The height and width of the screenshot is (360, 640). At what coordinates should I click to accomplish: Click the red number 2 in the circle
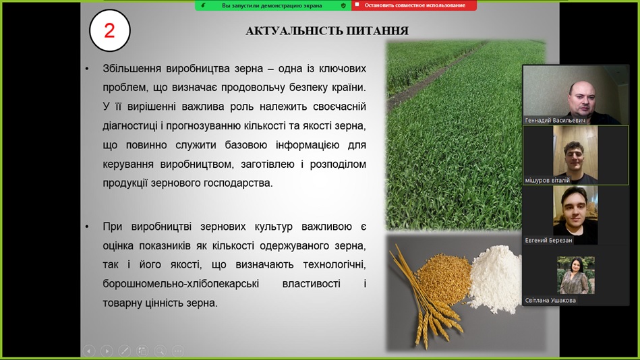coord(109,30)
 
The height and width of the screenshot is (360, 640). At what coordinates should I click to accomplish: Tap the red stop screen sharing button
coord(414,5)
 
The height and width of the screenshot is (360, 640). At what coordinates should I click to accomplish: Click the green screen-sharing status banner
coord(273,5)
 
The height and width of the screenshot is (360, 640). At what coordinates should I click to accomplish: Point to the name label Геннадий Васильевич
coord(555,121)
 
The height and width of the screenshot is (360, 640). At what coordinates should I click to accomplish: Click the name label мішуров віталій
coord(547,180)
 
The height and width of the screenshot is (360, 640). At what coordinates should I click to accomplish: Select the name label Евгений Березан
coord(548,241)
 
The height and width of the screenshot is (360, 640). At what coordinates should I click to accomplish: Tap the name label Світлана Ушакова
coord(550,301)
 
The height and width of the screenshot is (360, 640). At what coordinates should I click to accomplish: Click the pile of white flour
coord(495,279)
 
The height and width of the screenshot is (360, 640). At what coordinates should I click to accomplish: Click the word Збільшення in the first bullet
coord(132,68)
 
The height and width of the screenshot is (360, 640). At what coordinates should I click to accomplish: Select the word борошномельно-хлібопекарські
coord(181,284)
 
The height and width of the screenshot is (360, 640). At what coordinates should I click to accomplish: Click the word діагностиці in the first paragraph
coord(129,125)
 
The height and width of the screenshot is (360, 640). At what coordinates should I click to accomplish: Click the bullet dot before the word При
coord(86,227)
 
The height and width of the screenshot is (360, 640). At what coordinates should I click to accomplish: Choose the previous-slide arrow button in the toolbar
coord(89,351)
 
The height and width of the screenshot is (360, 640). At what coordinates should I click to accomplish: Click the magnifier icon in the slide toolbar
coord(160,351)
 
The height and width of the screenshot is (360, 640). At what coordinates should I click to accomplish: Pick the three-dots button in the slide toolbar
coord(178,351)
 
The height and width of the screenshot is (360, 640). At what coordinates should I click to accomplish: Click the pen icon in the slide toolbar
coord(125,351)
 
